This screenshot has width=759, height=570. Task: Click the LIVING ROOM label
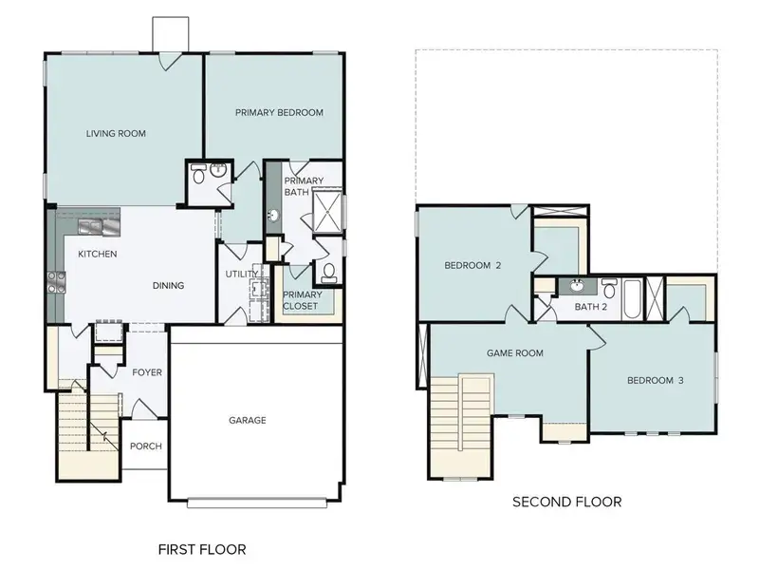(116, 134)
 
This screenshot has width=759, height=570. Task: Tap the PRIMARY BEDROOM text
(279, 112)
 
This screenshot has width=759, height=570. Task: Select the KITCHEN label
(97, 254)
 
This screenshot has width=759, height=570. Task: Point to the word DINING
(168, 285)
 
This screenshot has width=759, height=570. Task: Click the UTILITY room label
(241, 275)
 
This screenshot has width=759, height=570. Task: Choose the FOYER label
(146, 372)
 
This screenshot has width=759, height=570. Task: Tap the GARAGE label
(247, 420)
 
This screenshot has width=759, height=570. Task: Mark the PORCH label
(145, 446)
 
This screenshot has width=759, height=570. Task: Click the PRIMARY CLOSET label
(303, 300)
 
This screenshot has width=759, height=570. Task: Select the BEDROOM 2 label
(472, 266)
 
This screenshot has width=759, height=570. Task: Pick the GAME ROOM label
(514, 352)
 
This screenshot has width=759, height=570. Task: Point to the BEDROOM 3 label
(654, 381)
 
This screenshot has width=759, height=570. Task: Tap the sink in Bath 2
(575, 286)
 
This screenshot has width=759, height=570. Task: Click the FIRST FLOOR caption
(201, 549)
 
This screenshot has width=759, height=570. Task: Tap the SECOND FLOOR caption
(566, 502)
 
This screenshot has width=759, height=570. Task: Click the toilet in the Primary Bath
(329, 273)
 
